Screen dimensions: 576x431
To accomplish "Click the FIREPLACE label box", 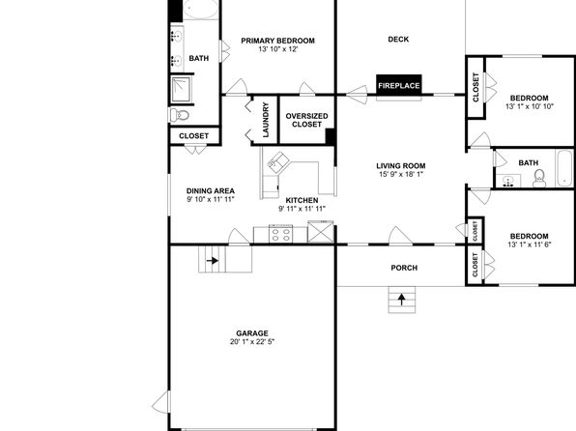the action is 399,85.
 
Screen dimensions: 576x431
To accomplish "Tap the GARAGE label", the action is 252,333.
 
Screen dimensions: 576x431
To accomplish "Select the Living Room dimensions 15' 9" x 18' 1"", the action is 401,174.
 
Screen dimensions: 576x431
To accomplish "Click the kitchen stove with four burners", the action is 280,234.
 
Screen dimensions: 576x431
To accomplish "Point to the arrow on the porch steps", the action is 402,300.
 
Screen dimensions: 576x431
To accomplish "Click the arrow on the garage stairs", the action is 213,261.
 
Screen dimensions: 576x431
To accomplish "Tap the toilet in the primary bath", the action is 179,115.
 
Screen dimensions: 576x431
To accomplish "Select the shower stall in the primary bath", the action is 181,89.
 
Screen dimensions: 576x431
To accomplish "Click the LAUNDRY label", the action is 266,120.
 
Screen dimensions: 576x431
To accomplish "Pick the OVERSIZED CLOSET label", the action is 306,120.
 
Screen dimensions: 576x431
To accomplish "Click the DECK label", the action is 398,39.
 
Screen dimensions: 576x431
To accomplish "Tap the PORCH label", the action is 404,268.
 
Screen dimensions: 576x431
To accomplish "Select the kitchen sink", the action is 277,161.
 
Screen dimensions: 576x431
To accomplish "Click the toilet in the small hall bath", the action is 539,178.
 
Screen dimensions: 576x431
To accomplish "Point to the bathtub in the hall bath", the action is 564,169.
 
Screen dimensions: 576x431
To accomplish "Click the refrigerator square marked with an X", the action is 320,232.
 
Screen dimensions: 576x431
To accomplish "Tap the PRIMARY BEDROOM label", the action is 277,41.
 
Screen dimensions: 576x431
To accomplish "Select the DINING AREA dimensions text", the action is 211,199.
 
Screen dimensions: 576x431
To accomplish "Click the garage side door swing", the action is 160,402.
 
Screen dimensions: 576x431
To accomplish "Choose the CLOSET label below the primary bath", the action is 193,136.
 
